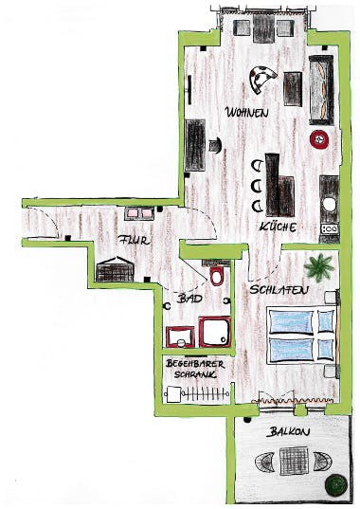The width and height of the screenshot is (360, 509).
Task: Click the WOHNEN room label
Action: [247, 113]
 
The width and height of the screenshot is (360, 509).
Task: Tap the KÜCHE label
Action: [278, 227]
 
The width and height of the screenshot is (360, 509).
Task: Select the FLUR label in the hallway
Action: [135, 241]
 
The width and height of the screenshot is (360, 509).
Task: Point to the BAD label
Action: [190, 299]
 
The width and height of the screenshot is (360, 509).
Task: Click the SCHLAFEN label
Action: [279, 290]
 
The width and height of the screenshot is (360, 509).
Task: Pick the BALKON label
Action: [288, 432]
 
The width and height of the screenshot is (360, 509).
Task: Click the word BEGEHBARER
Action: [195, 364]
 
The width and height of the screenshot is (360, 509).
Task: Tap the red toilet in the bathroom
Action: [216, 275]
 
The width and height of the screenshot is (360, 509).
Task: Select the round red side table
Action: [319, 140]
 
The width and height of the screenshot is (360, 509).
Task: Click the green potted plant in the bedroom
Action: [319, 267]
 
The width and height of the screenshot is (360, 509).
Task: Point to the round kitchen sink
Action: [329, 204]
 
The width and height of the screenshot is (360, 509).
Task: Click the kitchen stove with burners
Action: [330, 228]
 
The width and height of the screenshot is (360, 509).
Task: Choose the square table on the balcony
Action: [294, 461]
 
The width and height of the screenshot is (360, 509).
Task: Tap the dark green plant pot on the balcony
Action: [336, 485]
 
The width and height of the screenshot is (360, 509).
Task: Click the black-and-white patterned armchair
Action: [261, 79]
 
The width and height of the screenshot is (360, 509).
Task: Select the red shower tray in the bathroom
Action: [215, 332]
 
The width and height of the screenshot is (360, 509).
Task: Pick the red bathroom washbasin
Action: [180, 336]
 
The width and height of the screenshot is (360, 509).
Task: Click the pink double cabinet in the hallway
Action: [139, 213]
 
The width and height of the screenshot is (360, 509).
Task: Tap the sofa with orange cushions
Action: [321, 90]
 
